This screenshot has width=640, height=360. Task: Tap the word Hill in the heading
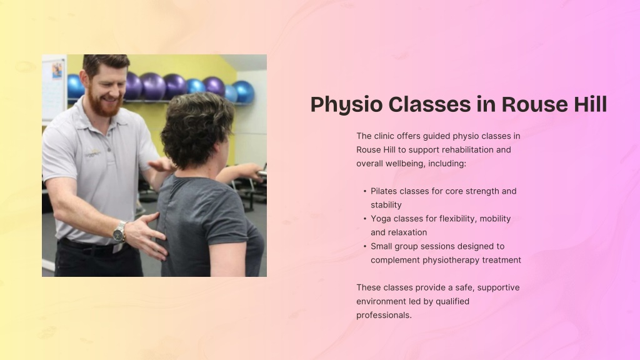[591, 104]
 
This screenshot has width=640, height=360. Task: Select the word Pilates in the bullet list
[384, 191]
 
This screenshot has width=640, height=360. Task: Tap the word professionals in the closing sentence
[384, 316]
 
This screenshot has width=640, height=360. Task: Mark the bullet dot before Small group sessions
[365, 246]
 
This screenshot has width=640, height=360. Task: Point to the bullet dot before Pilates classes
[365, 191]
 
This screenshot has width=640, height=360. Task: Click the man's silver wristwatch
[119, 232]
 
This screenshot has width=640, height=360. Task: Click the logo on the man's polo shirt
[92, 154]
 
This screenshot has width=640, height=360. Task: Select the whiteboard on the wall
[54, 87]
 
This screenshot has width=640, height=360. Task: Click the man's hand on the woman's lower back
[145, 236]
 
